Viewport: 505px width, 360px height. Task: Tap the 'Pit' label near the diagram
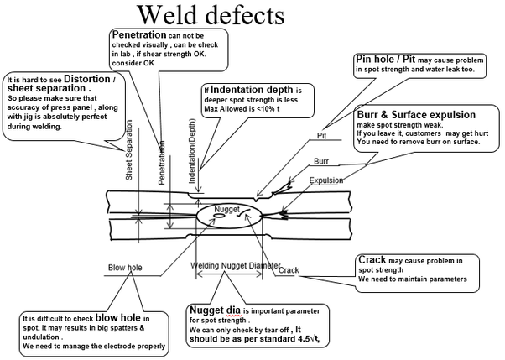(x=320, y=134)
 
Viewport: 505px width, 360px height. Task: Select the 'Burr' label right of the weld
(x=321, y=159)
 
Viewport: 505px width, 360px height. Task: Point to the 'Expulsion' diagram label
(x=326, y=180)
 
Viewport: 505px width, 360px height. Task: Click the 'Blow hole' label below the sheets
(x=125, y=269)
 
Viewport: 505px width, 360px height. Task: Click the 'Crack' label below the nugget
(x=289, y=270)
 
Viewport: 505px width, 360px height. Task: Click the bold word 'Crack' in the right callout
(x=372, y=260)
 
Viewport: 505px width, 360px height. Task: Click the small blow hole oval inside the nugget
(x=219, y=215)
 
